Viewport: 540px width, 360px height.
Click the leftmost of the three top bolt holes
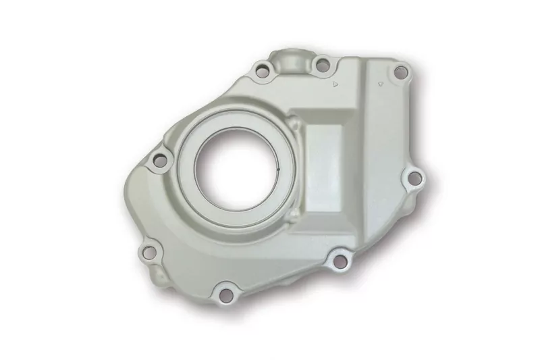click(x=261, y=68)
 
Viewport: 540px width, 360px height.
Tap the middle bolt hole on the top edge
click(x=322, y=65)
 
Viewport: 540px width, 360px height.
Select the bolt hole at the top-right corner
click(x=399, y=70)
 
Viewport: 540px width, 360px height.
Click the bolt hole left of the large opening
click(x=161, y=160)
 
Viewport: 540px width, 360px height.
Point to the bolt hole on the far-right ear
click(x=415, y=178)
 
